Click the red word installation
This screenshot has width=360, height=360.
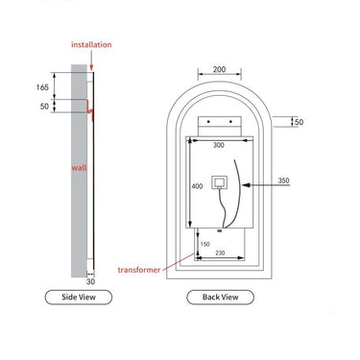[x=91, y=44]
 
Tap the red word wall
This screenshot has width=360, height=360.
[x=79, y=167]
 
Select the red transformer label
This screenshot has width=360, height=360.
[x=139, y=270]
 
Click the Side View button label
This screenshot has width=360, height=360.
[x=79, y=297]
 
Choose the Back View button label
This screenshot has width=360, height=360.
[x=220, y=297]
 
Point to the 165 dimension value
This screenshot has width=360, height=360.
[x=42, y=87]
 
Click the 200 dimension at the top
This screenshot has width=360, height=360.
[x=219, y=69]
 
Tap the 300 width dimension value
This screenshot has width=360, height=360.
[x=219, y=145]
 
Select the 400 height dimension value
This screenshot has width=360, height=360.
[x=197, y=186]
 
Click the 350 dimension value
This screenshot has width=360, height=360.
[x=283, y=180]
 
